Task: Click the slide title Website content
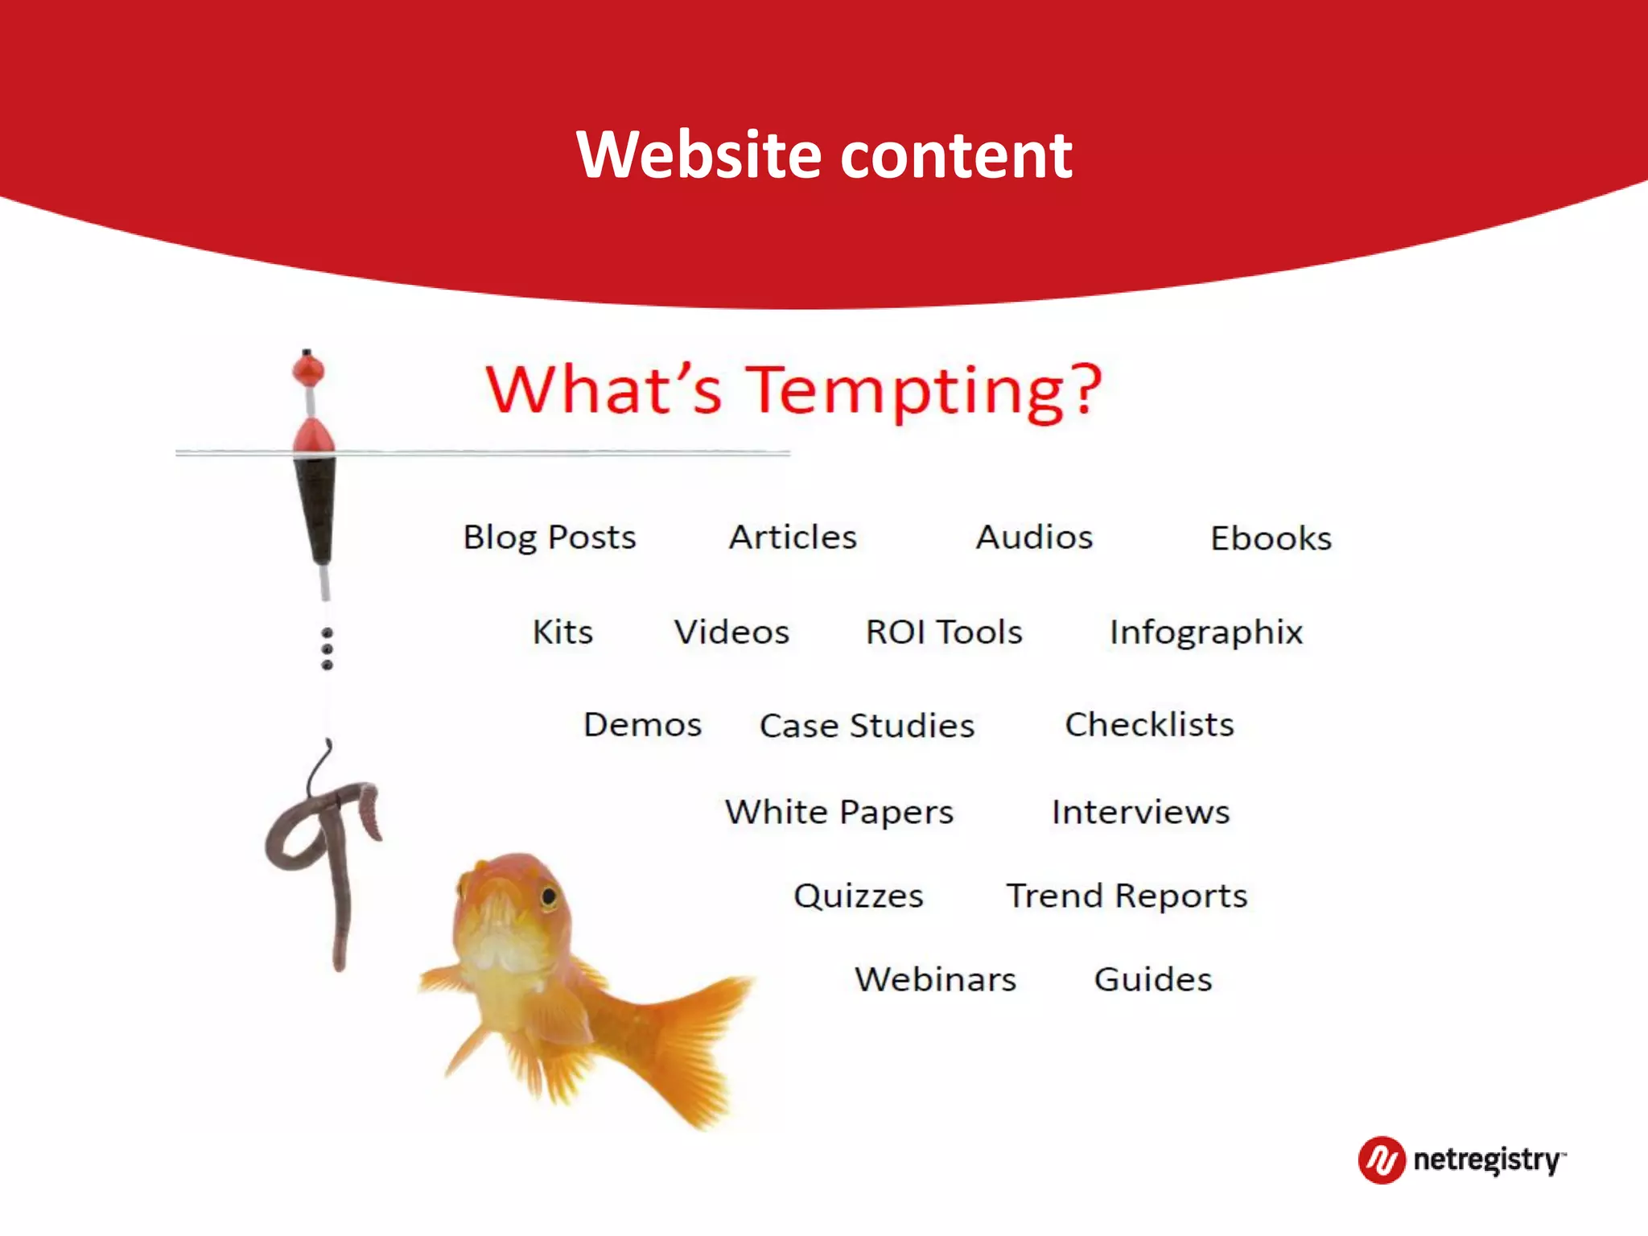pos(824,154)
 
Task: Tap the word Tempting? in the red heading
pos(925,391)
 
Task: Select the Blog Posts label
pos(550,538)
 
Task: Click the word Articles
pos(793,538)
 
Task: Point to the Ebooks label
pos(1271,538)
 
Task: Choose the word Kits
pos(562,632)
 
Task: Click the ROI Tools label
pos(944,632)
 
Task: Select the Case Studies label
pos(867,726)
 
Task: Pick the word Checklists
pos(1149,725)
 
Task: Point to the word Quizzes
pos(858,896)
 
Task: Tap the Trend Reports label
pos(1127,896)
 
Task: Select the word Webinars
pos(935,980)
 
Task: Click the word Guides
pos(1152,980)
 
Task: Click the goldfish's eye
pos(549,896)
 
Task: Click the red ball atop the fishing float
pos(307,371)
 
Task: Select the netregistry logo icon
pos(1382,1160)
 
